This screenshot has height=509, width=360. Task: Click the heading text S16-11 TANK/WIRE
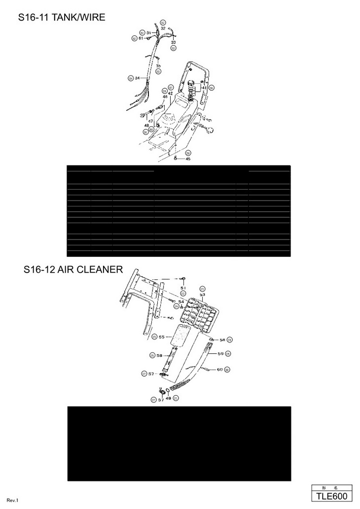[x=62, y=18]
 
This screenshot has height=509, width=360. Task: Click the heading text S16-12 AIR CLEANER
[x=73, y=270]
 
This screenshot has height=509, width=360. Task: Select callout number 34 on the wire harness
[x=138, y=78]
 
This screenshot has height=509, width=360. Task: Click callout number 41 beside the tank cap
[x=204, y=88]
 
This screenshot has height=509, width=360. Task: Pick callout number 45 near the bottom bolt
[x=188, y=159]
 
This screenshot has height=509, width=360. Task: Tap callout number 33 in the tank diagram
[x=173, y=43]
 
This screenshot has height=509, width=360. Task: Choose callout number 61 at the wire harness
[x=141, y=38]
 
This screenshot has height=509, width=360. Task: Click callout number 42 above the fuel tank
[x=170, y=93]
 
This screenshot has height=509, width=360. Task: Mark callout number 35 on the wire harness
[x=158, y=66]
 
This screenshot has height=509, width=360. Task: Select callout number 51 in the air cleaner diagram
[x=182, y=287]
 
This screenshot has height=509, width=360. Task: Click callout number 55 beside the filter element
[x=161, y=337]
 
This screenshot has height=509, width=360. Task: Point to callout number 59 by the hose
[x=220, y=353]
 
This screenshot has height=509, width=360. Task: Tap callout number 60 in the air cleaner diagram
[x=219, y=370]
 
